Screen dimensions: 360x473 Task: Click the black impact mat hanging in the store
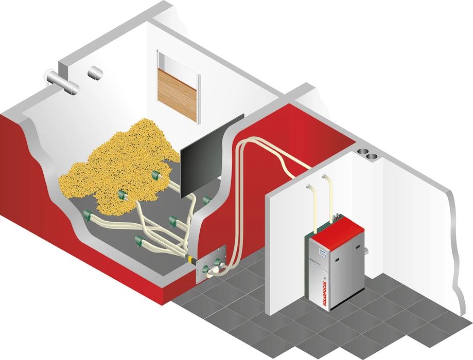click(210, 157)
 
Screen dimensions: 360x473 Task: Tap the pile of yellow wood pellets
click(118, 165)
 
